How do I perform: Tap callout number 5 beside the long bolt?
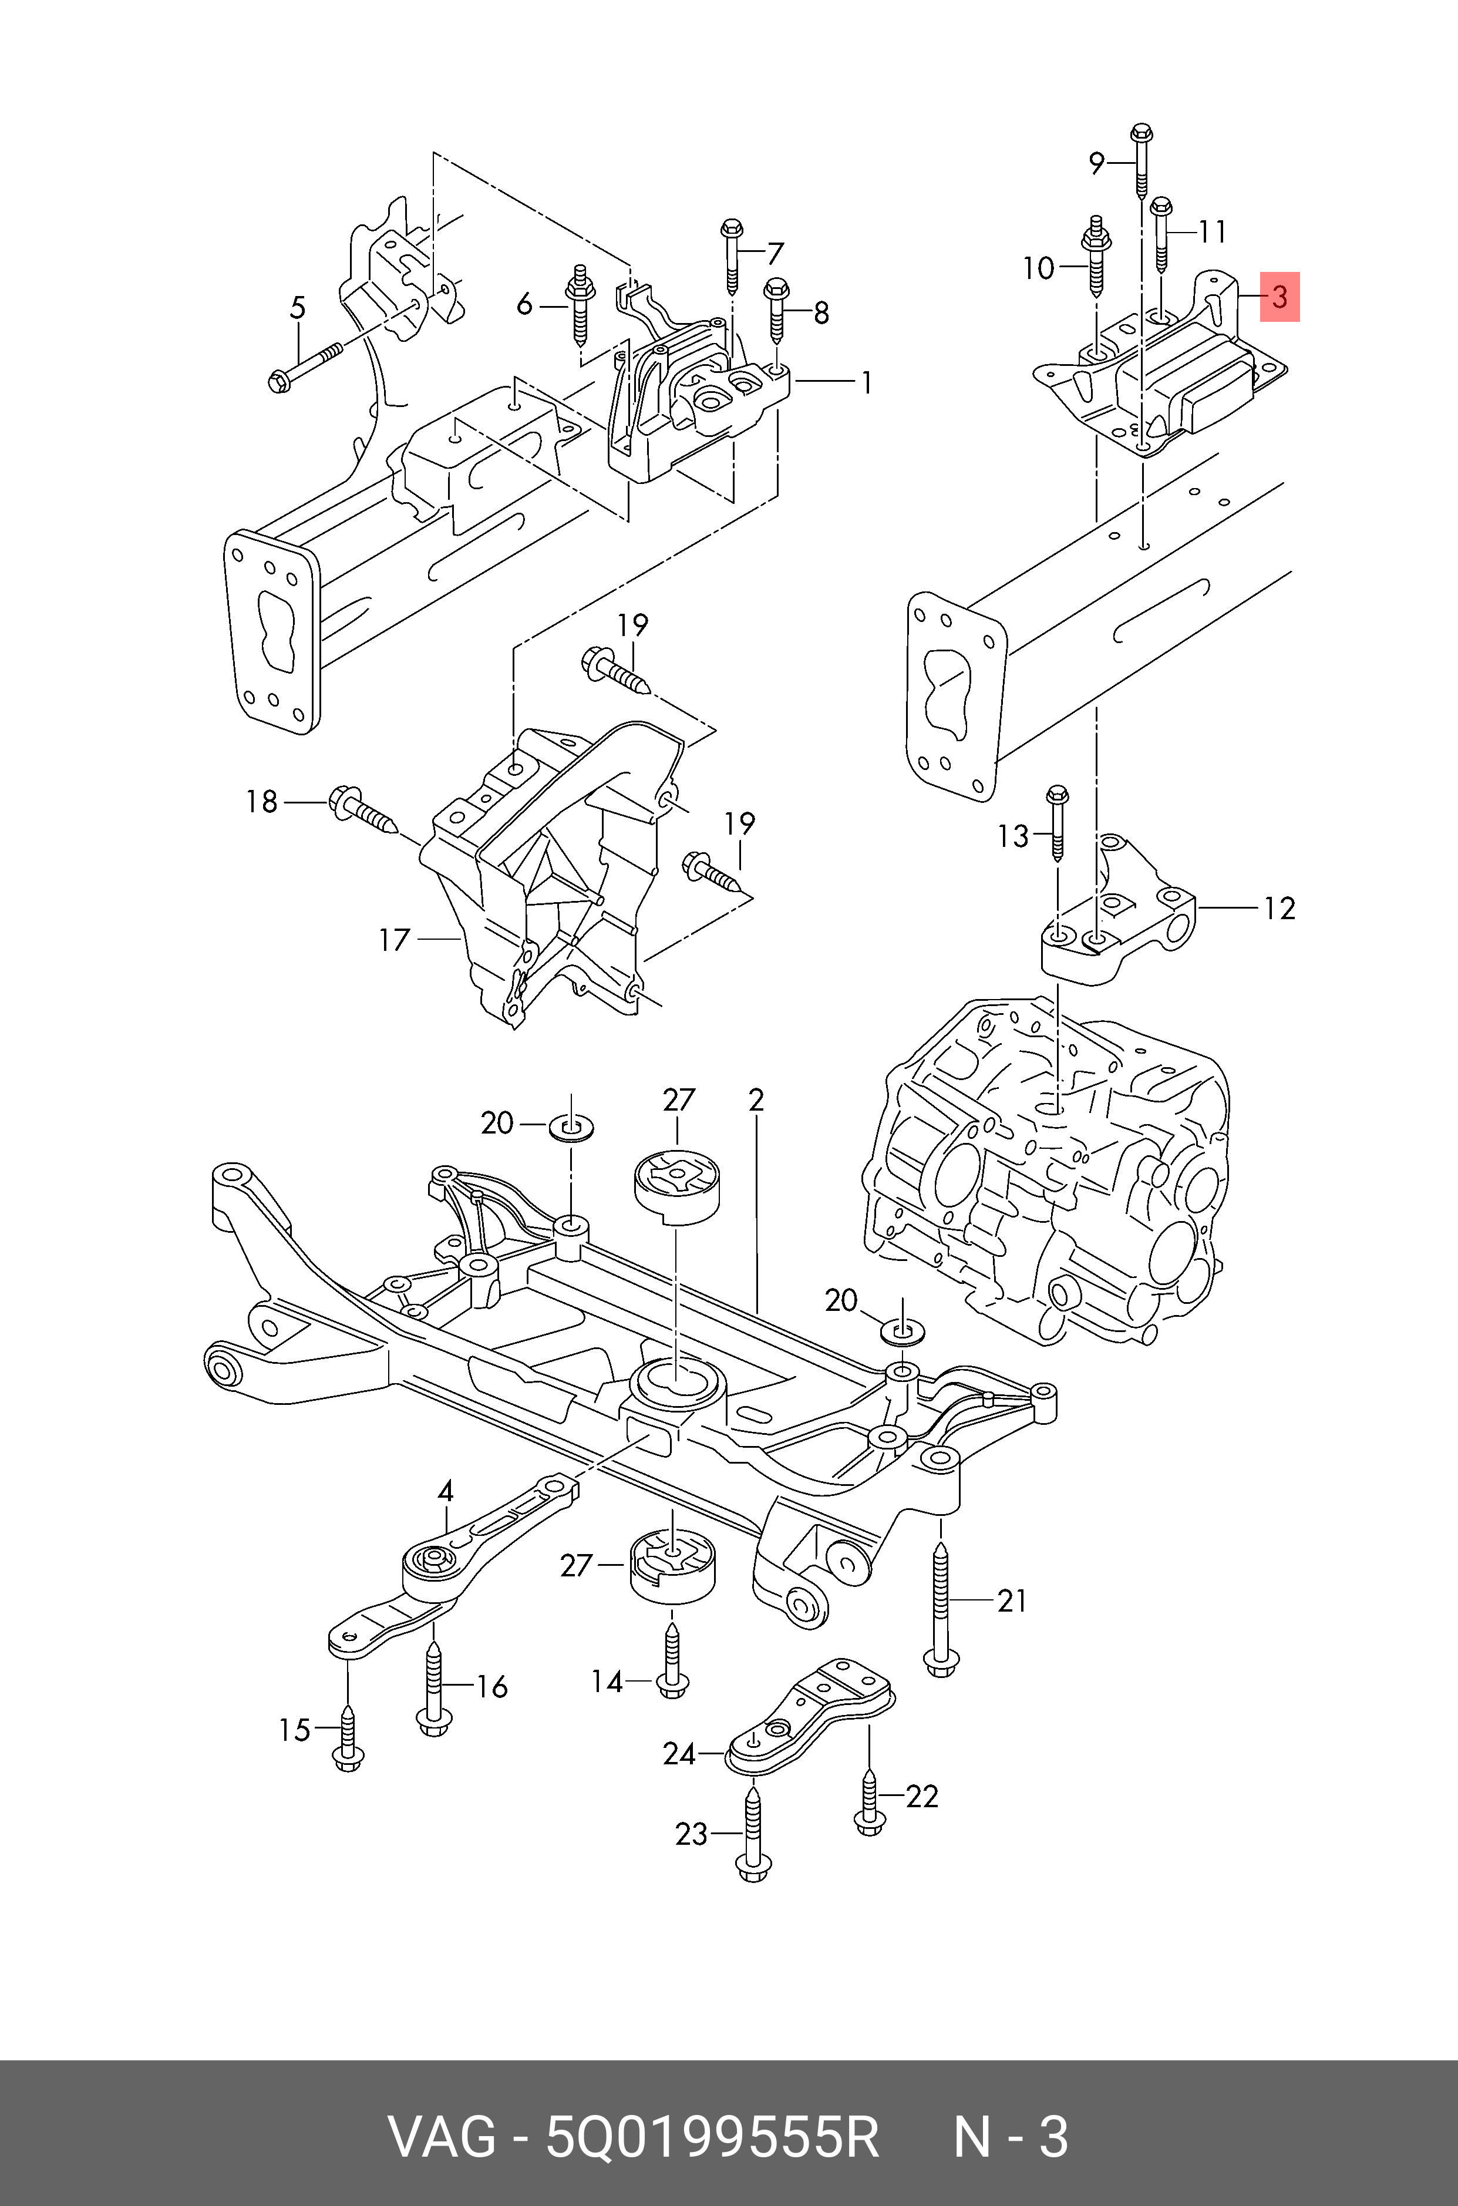click(298, 307)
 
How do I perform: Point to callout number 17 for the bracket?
click(394, 940)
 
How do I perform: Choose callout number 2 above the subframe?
click(756, 1100)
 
